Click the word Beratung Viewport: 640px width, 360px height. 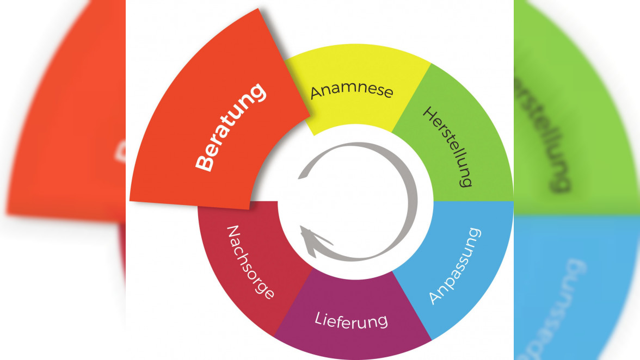[232, 127]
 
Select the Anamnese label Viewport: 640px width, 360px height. [352, 90]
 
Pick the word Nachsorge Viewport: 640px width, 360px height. [249, 262]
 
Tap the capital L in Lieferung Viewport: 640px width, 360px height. [318, 318]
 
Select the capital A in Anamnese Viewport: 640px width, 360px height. [315, 94]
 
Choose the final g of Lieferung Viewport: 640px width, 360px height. [384, 322]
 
